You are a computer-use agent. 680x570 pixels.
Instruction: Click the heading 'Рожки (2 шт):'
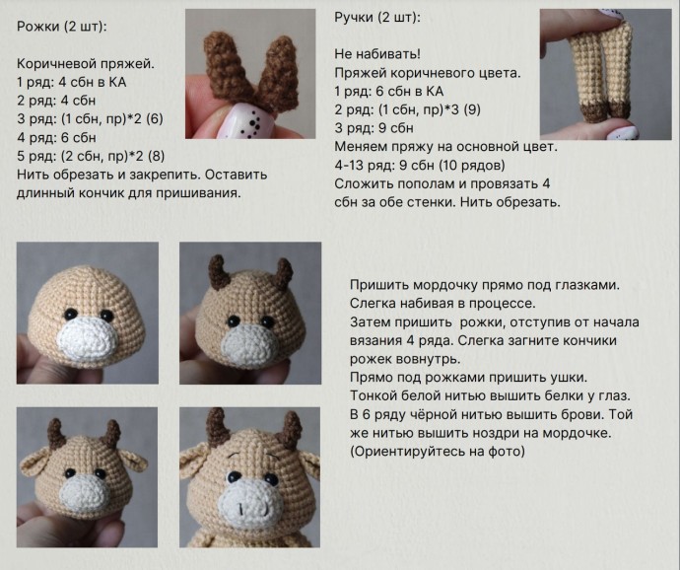click(61, 27)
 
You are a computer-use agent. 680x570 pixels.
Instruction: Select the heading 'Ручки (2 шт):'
click(377, 18)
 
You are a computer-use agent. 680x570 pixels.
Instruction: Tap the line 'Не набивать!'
click(377, 54)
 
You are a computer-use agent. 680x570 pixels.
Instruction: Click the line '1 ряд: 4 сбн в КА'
click(72, 82)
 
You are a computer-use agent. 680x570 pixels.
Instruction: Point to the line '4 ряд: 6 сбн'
click(56, 138)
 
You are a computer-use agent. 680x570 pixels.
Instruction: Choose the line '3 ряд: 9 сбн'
click(374, 128)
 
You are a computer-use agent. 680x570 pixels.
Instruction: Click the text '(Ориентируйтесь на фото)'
click(438, 452)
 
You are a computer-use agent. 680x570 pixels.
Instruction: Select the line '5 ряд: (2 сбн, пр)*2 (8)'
click(91, 156)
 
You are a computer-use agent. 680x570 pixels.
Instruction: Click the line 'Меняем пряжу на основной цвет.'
click(445, 147)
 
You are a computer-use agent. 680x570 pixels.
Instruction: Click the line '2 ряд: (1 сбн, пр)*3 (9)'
click(408, 109)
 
